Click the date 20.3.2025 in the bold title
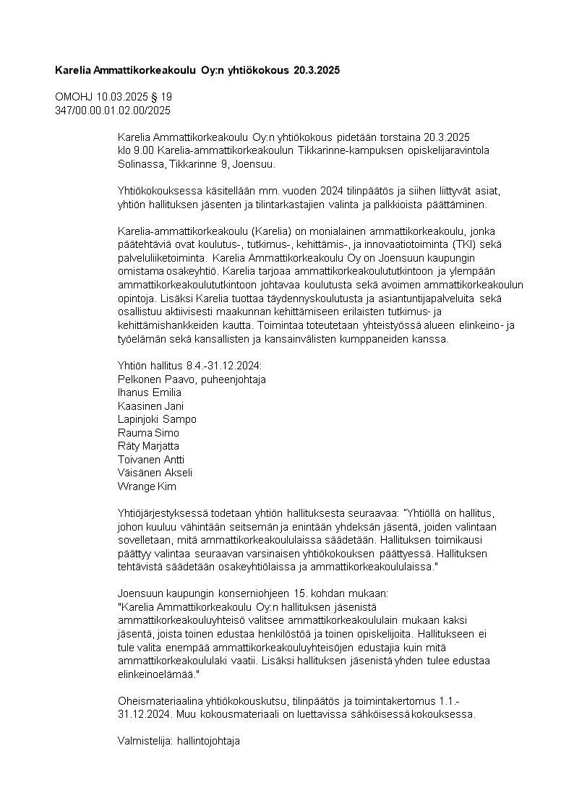(x=316, y=71)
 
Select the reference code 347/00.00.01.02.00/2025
(x=113, y=110)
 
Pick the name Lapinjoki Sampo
(x=157, y=419)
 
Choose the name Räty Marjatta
(x=148, y=446)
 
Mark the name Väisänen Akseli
(x=155, y=473)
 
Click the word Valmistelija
(x=142, y=741)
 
